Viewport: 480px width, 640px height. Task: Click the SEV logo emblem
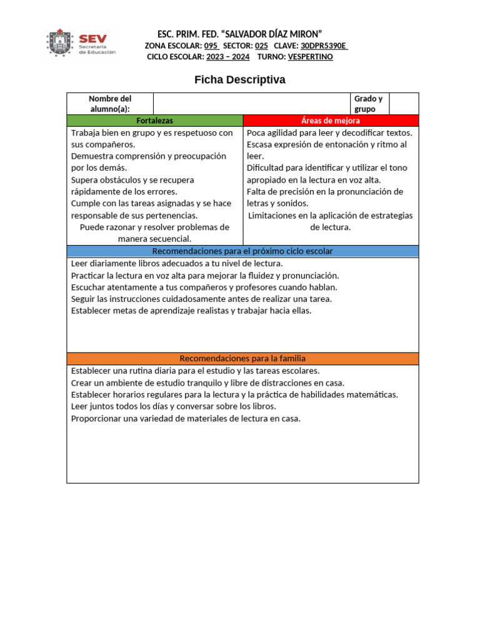pyautogui.click(x=61, y=43)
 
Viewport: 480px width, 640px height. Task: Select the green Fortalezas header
pyautogui.click(x=154, y=121)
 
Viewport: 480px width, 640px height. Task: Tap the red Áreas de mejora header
pyautogui.click(x=330, y=121)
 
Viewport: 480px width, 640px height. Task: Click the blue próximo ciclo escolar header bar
pyautogui.click(x=242, y=251)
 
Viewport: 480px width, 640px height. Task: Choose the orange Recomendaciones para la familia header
pyautogui.click(x=242, y=359)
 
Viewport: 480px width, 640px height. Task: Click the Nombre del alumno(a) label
pyautogui.click(x=110, y=104)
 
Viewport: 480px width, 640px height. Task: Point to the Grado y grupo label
pyautogui.click(x=368, y=104)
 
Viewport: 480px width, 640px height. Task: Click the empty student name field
pyautogui.click(x=251, y=104)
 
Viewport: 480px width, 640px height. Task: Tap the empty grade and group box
pyautogui.click(x=403, y=104)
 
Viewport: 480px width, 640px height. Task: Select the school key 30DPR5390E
pyautogui.click(x=324, y=46)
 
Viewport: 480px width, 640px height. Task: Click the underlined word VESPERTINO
pyautogui.click(x=310, y=57)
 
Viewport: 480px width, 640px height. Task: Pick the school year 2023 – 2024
pyautogui.click(x=227, y=57)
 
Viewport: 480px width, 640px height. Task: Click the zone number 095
pyautogui.click(x=211, y=46)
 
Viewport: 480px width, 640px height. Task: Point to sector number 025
pyautogui.click(x=261, y=46)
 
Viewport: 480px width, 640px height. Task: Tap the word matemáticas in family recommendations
pyautogui.click(x=373, y=394)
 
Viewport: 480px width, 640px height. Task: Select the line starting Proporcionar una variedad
pyautogui.click(x=186, y=418)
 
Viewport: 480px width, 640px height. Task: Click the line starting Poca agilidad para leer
pyautogui.click(x=329, y=132)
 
